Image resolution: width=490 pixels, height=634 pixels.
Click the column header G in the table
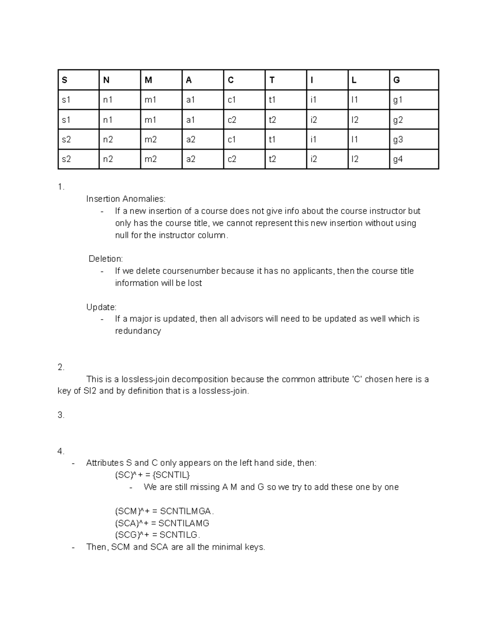pyautogui.click(x=396, y=80)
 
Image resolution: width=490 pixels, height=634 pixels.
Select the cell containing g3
pyautogui.click(x=398, y=140)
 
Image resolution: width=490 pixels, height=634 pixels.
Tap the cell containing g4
pyautogui.click(x=398, y=159)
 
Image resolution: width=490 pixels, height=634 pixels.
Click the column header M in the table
pyautogui.click(x=148, y=80)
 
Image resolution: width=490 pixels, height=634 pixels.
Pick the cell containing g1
pyautogui.click(x=398, y=100)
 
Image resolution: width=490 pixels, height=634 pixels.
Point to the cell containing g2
pyautogui.click(x=398, y=120)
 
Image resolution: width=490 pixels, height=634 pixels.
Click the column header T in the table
pyautogui.click(x=272, y=80)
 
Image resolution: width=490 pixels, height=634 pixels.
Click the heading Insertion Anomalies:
pyautogui.click(x=126, y=199)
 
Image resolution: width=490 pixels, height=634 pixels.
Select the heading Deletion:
pyautogui.click(x=106, y=259)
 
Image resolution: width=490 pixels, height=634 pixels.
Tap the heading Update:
pyautogui.click(x=101, y=307)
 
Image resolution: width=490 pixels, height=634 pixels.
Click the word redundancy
pyautogui.click(x=138, y=331)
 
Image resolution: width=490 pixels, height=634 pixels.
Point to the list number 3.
pyautogui.click(x=61, y=415)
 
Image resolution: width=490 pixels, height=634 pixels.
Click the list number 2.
pyautogui.click(x=61, y=367)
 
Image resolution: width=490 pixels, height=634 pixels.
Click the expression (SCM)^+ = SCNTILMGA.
pyautogui.click(x=164, y=511)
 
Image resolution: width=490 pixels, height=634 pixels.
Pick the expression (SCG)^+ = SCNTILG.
pyautogui.click(x=157, y=535)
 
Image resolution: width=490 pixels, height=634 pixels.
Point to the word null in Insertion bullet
pyautogui.click(x=122, y=235)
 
